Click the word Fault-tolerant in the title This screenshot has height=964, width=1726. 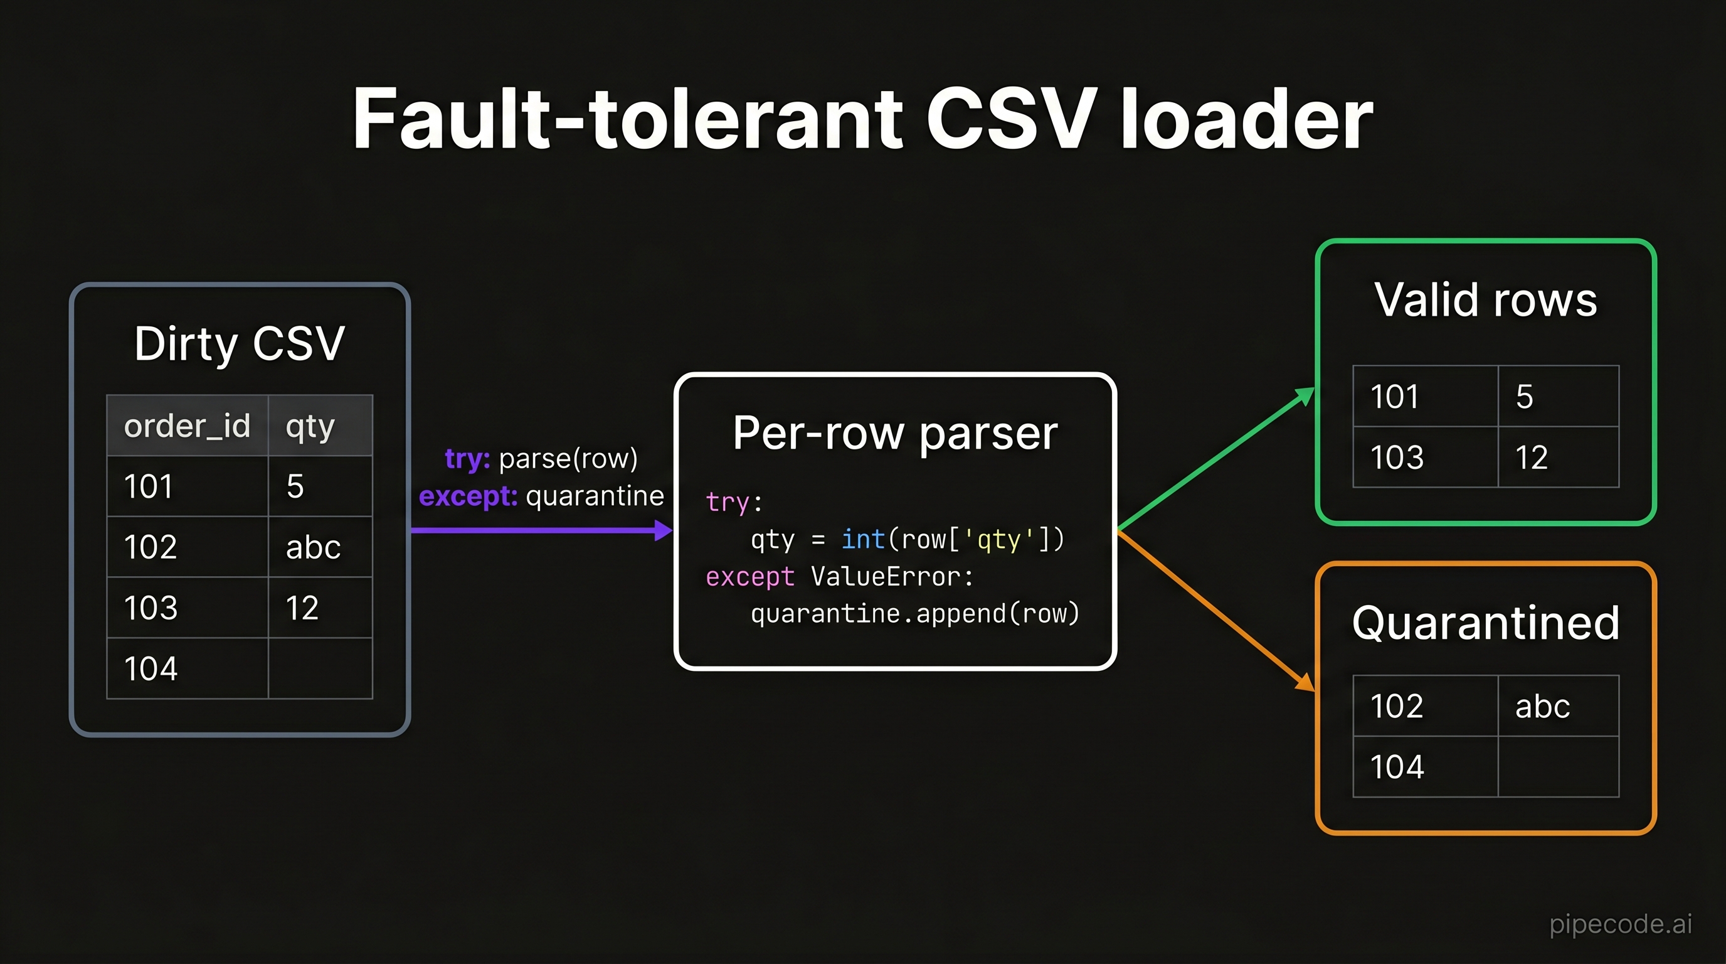(x=628, y=119)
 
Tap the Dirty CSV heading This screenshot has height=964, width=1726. (x=239, y=343)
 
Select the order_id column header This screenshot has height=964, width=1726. (x=188, y=426)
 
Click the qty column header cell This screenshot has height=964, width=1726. (x=320, y=426)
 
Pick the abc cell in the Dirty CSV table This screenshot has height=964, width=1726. (x=320, y=547)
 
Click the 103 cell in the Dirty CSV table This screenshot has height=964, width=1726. (x=188, y=608)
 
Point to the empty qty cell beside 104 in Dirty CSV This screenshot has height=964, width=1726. (x=320, y=668)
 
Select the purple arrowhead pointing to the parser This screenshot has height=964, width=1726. (x=664, y=531)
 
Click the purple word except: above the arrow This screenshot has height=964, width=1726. (x=468, y=496)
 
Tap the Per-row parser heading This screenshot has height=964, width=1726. (x=895, y=433)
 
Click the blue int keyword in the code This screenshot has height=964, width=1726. (x=863, y=539)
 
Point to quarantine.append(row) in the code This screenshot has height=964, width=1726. (x=915, y=613)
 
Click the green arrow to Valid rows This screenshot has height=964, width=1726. (x=1217, y=459)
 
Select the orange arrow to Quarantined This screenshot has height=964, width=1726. (x=1217, y=611)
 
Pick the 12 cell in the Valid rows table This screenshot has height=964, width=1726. (x=1559, y=457)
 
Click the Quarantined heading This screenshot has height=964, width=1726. (x=1485, y=623)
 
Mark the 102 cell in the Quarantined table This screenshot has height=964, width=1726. (x=1426, y=706)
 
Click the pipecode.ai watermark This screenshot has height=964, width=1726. (x=1620, y=924)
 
